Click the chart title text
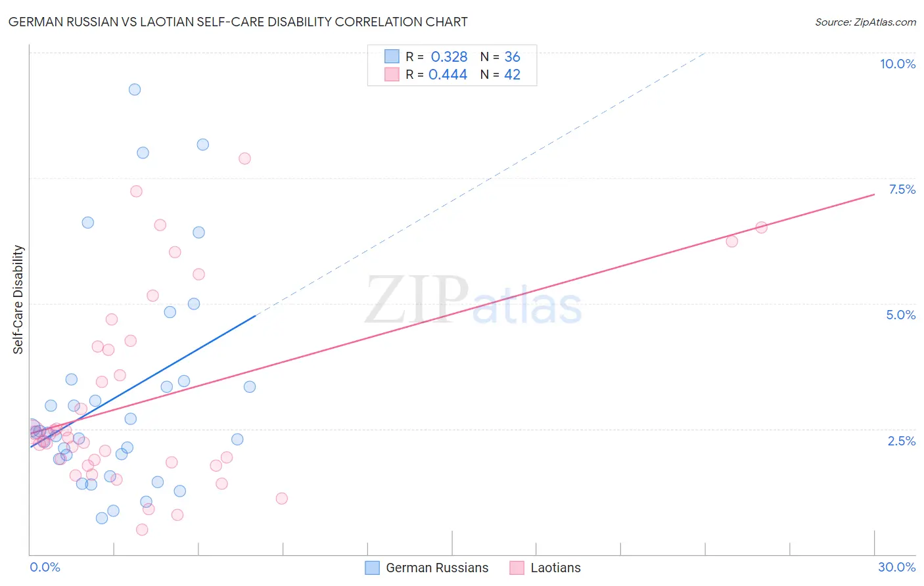[238, 22]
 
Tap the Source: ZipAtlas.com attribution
[865, 22]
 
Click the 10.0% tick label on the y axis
[897, 64]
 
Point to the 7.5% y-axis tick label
[902, 189]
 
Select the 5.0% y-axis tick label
[900, 315]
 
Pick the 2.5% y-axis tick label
[901, 441]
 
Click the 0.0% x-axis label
[45, 567]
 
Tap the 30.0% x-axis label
[896, 567]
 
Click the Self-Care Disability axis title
[18, 300]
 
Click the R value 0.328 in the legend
[449, 57]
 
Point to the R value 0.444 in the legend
[448, 75]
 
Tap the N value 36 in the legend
[512, 57]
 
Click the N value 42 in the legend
[512, 75]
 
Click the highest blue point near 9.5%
[135, 89]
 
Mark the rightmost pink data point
[761, 227]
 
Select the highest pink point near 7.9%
[244, 158]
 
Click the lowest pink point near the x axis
[142, 530]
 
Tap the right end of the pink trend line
[874, 194]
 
